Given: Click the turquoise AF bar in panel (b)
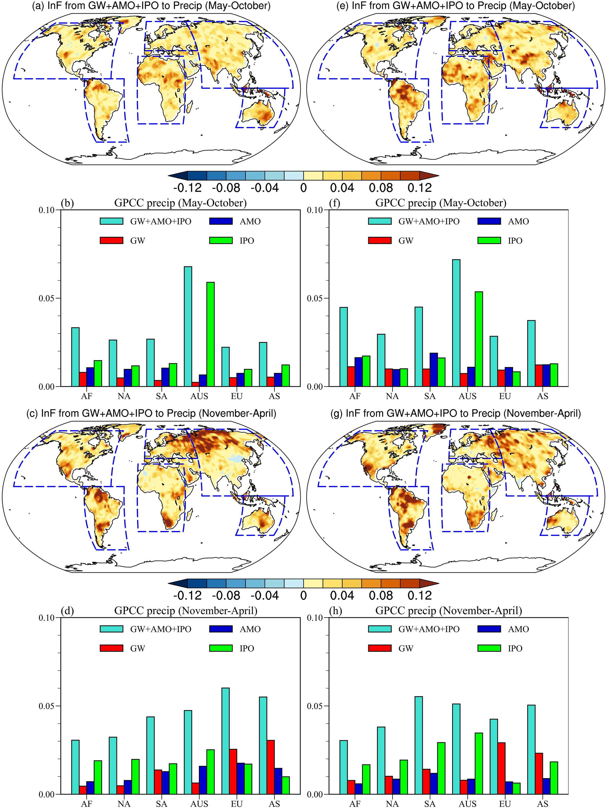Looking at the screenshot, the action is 75,357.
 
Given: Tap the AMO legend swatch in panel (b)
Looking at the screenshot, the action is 221,221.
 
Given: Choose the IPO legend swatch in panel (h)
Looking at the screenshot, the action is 489,648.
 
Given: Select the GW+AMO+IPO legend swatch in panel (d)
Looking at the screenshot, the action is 111,629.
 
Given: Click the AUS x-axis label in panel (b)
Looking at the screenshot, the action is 199,396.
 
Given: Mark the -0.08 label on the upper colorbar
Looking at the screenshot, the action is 226,188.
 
